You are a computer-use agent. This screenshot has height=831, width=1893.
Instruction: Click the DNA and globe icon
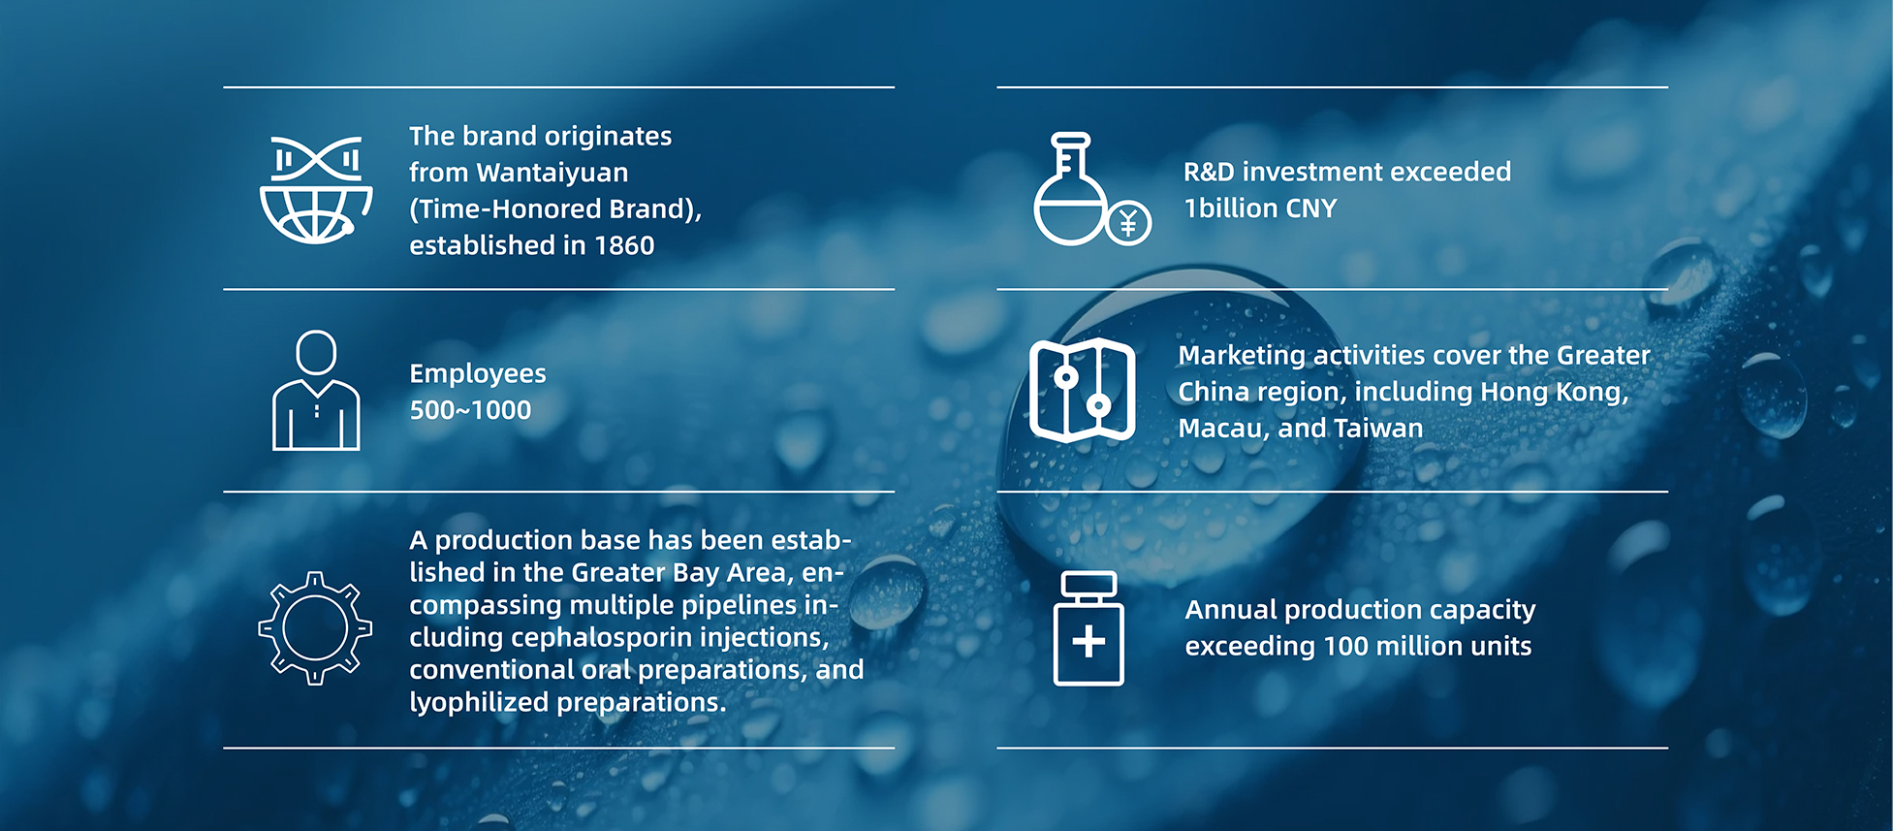click(316, 189)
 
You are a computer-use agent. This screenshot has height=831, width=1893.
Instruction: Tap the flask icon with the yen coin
click(1091, 189)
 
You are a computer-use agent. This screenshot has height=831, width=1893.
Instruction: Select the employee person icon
click(316, 390)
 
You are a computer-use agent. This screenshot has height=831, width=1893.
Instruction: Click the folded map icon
click(1082, 390)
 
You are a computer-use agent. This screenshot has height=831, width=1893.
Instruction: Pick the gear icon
click(315, 628)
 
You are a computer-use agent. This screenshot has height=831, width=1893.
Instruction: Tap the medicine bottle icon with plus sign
click(1088, 628)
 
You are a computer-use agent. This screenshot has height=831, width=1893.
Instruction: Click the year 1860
click(624, 245)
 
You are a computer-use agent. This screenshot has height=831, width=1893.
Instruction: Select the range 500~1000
click(470, 410)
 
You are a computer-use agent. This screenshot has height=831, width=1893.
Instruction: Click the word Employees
click(478, 374)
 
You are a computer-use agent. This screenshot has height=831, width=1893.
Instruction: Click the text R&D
click(1209, 173)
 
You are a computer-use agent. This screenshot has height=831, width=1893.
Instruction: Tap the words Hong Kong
click(1555, 393)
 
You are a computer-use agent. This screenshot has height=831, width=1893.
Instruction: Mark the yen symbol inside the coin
click(1128, 224)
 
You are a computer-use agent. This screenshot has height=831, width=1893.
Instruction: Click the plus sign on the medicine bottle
click(1088, 641)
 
